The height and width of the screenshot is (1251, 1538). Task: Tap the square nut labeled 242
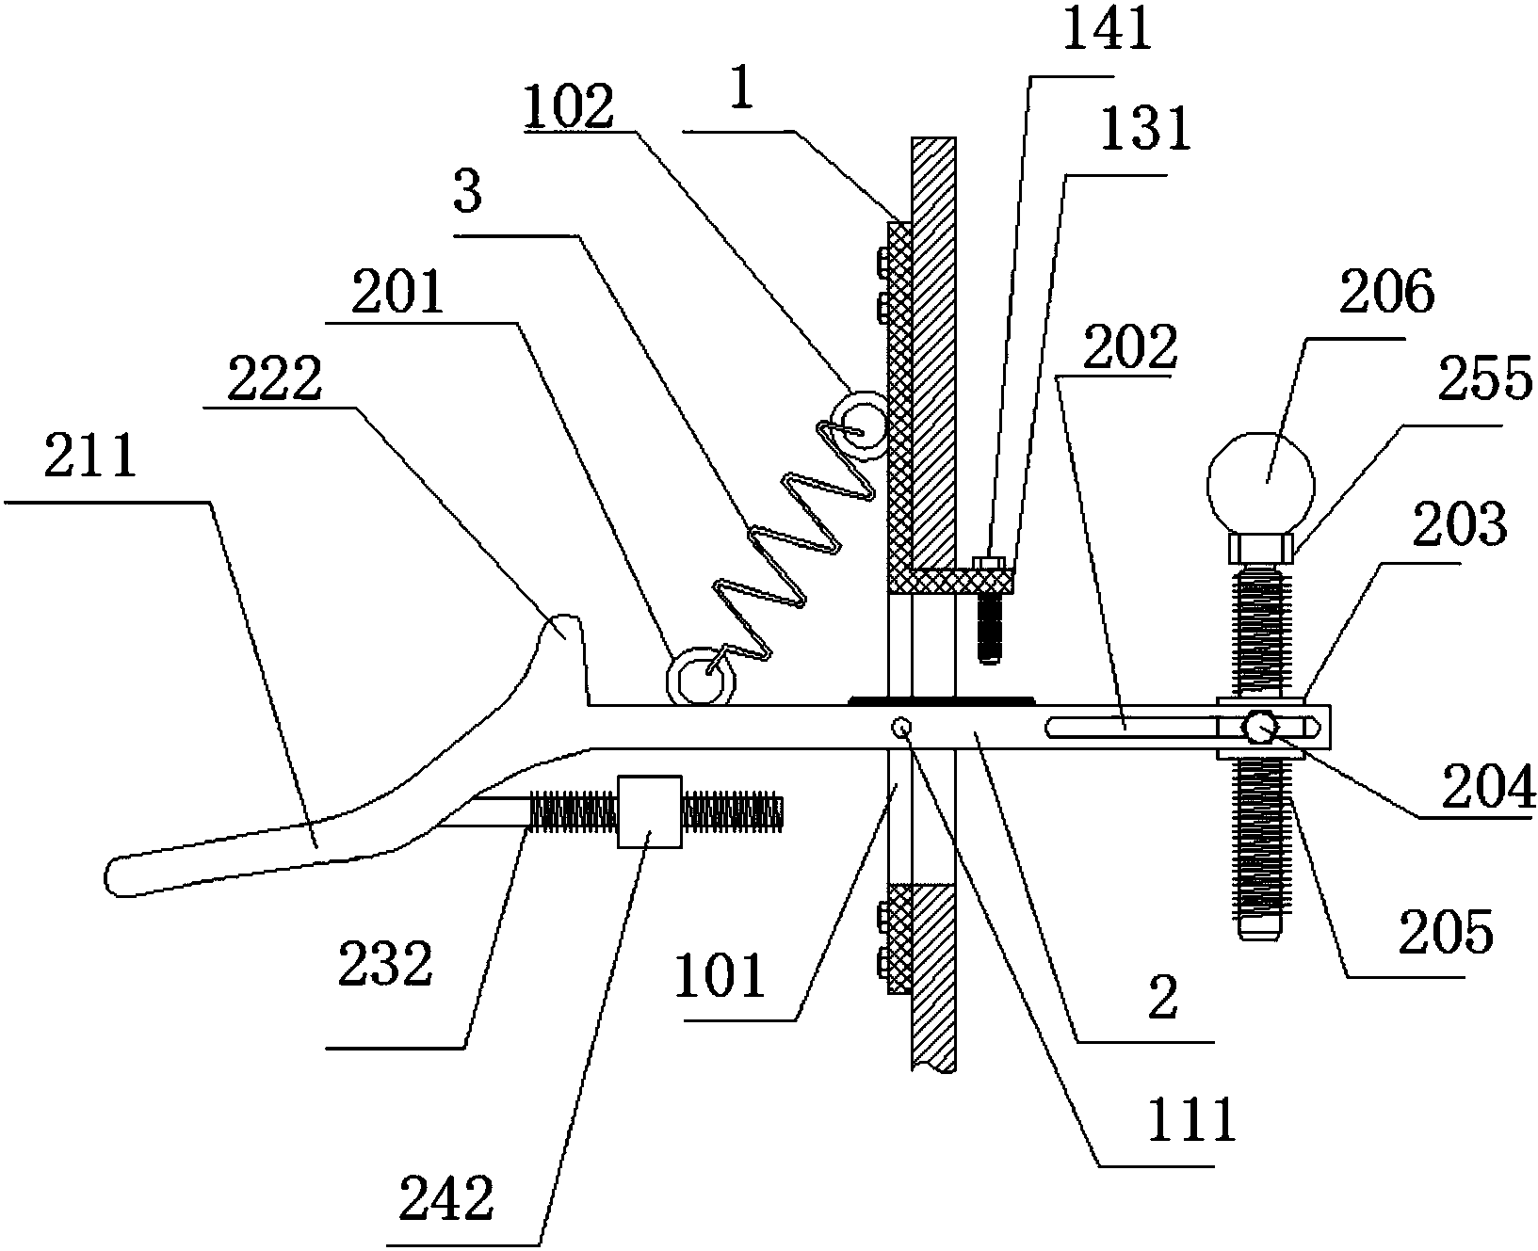649,810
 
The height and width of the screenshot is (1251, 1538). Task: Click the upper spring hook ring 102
861,425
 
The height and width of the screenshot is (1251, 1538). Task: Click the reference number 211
89,459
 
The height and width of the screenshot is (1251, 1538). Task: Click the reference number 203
1458,522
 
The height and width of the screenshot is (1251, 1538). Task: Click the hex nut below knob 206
1260,547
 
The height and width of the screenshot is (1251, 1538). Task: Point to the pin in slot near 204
1260,726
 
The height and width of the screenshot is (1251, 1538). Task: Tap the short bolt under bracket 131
987,625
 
